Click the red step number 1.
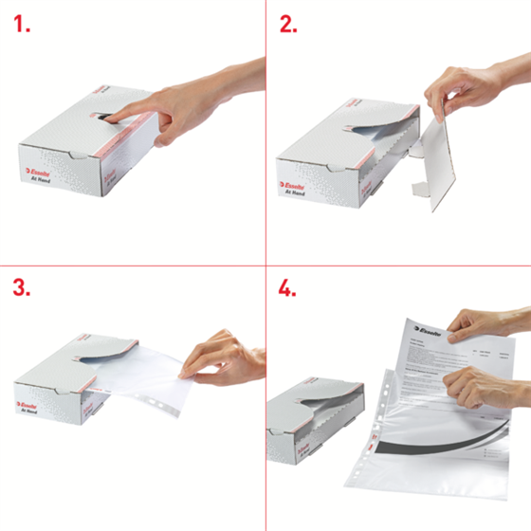pos(22,26)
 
